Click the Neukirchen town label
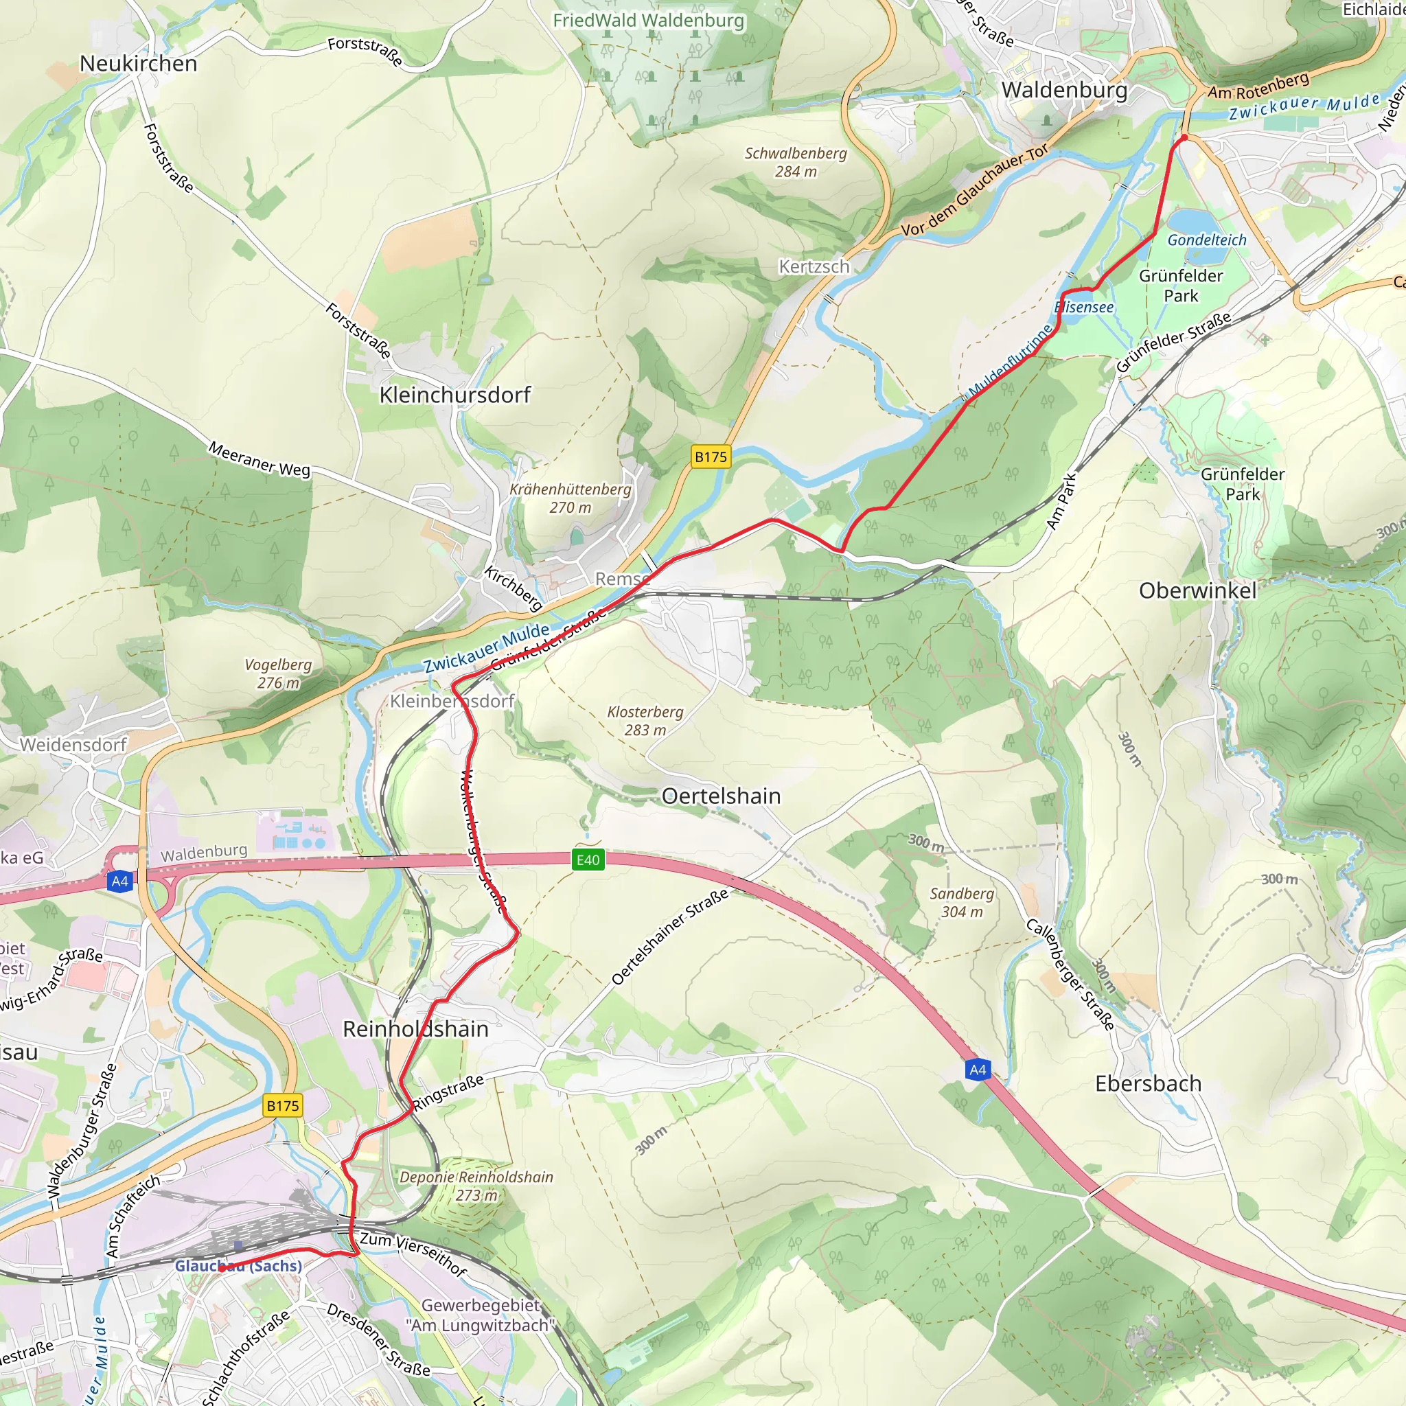(138, 63)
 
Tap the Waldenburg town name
(1064, 89)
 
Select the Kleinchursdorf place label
(455, 395)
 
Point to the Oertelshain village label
(720, 796)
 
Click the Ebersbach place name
(1148, 1083)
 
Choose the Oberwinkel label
(1197, 591)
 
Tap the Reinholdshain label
(415, 1029)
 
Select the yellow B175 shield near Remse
(711, 457)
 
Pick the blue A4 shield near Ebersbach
(978, 1070)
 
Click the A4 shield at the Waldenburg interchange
(119, 881)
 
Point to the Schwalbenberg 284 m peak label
(796, 162)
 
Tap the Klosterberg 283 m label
(645, 720)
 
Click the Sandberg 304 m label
(961, 902)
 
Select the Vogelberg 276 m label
(278, 673)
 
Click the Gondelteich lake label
(1207, 240)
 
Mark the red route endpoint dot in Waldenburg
(1184, 137)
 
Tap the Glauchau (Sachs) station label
(238, 1265)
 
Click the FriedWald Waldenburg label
(648, 21)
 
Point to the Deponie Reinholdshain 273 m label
(476, 1186)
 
